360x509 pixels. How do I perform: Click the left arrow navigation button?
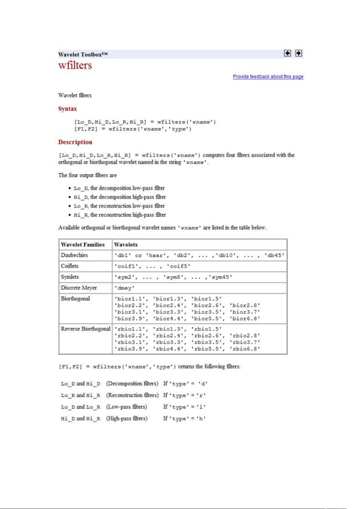(288, 53)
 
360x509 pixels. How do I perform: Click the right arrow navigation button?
(298, 53)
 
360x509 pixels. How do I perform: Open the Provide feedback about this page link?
(268, 76)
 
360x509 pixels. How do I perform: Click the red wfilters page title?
(75, 65)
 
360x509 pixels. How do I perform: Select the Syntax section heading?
(67, 109)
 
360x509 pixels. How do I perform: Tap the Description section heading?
(75, 142)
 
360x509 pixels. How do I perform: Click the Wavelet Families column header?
(82, 245)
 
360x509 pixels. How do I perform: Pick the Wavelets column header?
(126, 245)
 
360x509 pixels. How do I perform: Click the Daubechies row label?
(74, 255)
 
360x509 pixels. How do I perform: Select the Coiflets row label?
(70, 266)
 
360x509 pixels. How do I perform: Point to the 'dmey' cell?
(124, 288)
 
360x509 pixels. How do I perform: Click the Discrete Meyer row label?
(79, 288)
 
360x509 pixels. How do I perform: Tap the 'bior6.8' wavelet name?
(245, 319)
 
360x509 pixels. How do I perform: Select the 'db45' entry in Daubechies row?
(274, 256)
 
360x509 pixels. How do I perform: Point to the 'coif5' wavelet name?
(178, 266)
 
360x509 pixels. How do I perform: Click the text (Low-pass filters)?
(127, 407)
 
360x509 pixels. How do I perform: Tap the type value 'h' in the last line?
(201, 419)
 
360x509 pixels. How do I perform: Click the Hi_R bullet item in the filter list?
(120, 215)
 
